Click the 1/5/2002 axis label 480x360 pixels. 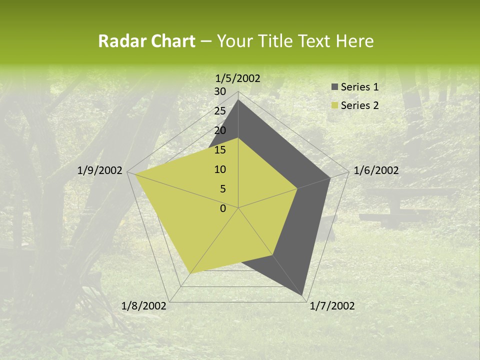point(238,78)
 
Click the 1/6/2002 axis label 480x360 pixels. point(376,170)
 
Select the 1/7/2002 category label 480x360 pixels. point(332,306)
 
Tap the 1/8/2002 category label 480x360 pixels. point(144,306)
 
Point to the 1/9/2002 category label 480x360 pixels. point(100,170)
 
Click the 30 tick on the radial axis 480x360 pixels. point(220,91)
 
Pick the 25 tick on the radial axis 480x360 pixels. point(220,111)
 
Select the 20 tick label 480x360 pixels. point(220,130)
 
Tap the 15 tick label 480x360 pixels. point(220,150)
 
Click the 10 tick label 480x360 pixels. point(220,169)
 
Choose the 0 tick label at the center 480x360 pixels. point(223,208)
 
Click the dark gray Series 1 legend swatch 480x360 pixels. point(334,87)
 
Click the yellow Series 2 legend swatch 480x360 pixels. point(334,105)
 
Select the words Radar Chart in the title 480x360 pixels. point(146,41)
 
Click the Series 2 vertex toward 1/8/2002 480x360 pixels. point(191,273)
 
